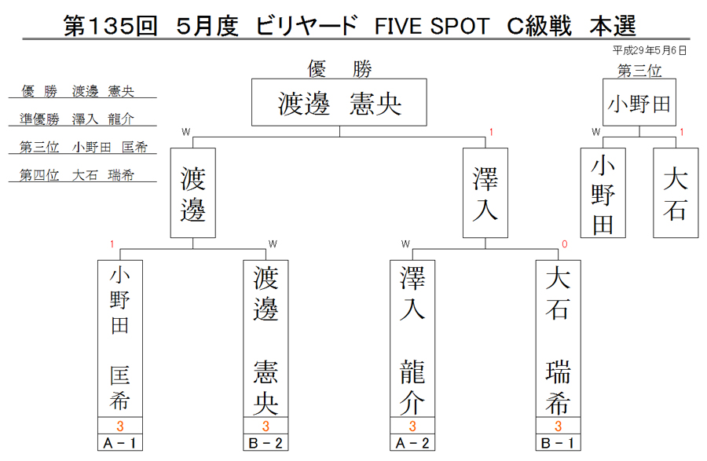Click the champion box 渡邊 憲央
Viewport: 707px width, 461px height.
click(x=339, y=102)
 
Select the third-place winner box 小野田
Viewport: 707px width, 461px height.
click(x=639, y=102)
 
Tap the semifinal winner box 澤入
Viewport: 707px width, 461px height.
click(x=485, y=193)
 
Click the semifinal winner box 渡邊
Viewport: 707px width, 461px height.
click(x=193, y=193)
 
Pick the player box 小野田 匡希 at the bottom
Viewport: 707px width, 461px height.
click(x=120, y=338)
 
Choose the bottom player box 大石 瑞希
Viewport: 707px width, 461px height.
click(x=559, y=338)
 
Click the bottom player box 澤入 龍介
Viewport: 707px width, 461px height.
click(x=412, y=338)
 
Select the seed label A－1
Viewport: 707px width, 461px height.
click(x=120, y=443)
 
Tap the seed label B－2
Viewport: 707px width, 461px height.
click(x=266, y=443)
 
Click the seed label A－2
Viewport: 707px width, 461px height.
click(x=412, y=443)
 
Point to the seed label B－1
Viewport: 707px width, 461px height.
click(x=559, y=443)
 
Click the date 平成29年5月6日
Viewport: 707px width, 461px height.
click(x=650, y=50)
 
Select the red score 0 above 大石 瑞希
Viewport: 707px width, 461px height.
click(x=565, y=244)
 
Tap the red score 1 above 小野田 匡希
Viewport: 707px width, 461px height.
click(x=112, y=244)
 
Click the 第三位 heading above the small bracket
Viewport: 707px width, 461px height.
click(x=639, y=71)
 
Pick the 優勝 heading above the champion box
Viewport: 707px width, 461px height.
click(x=339, y=69)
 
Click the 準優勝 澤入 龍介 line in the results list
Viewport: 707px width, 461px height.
click(x=77, y=119)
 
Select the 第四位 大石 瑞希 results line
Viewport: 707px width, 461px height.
click(x=77, y=175)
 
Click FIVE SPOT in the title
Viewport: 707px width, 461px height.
click(x=432, y=26)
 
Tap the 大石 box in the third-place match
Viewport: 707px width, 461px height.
click(x=676, y=193)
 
